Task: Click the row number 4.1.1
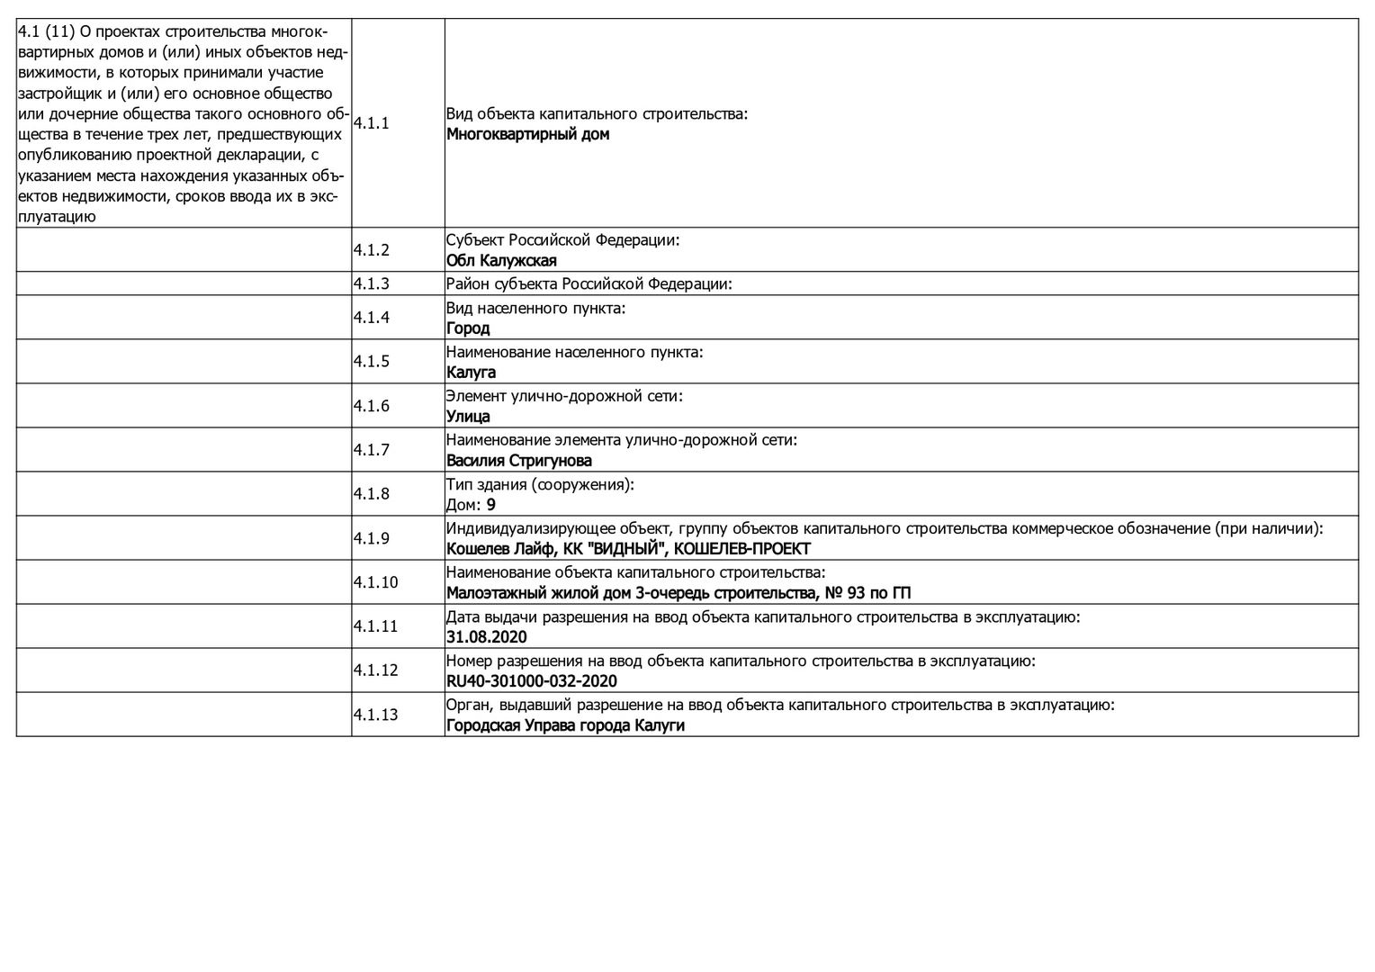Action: pos(371,123)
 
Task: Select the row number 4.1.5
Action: pos(371,362)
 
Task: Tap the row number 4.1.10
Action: pos(375,582)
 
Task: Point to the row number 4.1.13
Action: pos(375,715)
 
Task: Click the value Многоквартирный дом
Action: pos(527,135)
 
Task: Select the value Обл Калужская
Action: pos(501,261)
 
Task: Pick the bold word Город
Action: pos(468,328)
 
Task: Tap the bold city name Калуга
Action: pos(471,373)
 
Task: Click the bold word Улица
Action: pos(468,417)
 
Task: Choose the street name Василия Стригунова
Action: pos(519,461)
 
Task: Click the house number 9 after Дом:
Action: pos(491,505)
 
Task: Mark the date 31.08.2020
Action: pos(487,637)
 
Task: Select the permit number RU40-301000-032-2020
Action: pos(532,681)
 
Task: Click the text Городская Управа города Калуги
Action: pos(565,725)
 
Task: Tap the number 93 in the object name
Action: pos(856,593)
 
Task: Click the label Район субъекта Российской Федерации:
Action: pos(589,284)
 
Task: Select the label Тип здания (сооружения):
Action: pos(540,484)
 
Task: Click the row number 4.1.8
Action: pos(371,494)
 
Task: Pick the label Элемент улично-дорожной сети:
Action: pos(564,396)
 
